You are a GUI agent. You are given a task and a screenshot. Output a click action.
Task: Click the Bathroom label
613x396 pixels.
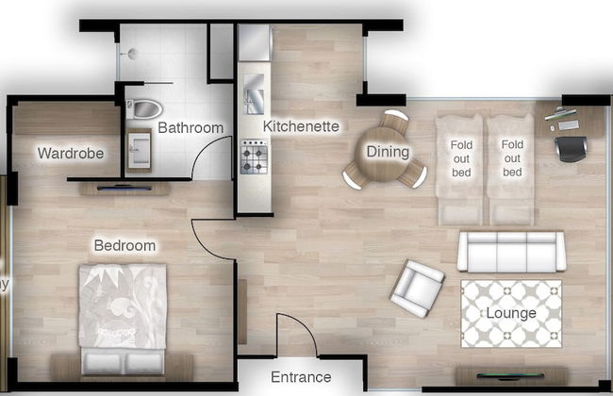[x=191, y=127]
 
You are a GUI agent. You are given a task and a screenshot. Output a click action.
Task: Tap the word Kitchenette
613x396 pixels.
[x=301, y=125]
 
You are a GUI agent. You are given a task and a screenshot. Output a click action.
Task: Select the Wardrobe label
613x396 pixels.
[x=70, y=153]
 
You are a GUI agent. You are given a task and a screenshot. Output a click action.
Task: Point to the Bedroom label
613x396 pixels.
[x=124, y=246]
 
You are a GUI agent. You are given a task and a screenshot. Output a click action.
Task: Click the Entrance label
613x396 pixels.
[x=303, y=377]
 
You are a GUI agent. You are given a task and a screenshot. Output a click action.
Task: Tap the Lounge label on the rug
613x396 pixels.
[x=511, y=313]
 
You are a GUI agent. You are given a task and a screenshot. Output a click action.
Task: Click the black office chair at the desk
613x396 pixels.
[x=572, y=148]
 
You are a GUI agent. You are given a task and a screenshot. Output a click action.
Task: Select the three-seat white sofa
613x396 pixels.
[x=510, y=252]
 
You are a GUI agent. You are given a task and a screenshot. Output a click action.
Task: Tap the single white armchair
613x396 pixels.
[x=416, y=288]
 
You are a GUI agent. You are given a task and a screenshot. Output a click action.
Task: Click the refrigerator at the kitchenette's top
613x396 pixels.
[x=254, y=43]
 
